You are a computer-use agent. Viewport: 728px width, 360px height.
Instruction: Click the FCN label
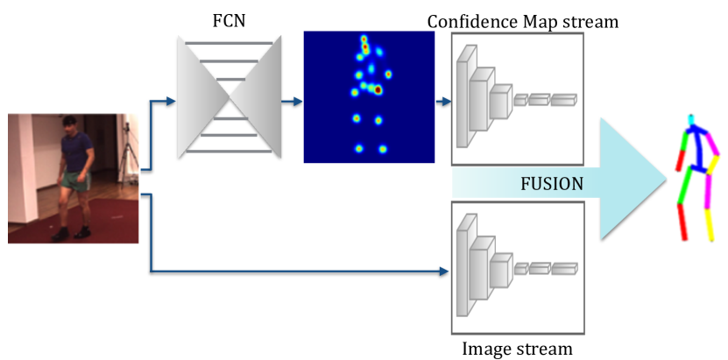click(229, 22)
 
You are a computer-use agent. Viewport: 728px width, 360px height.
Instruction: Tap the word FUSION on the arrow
click(552, 184)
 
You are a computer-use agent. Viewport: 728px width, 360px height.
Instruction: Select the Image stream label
click(517, 349)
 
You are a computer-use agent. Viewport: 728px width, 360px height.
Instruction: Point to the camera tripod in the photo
click(127, 153)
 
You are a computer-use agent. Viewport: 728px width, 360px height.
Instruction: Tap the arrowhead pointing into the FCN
click(171, 101)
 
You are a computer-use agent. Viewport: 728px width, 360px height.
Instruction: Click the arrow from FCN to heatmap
click(292, 101)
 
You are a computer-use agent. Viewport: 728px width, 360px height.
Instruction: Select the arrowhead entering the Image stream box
click(444, 272)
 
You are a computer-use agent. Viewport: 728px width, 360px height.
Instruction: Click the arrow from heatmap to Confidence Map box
click(443, 101)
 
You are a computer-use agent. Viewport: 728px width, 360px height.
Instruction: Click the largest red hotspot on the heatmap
click(378, 89)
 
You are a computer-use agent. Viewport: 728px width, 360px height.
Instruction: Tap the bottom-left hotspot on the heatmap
click(359, 149)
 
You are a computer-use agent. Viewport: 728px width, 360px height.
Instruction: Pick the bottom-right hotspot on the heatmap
click(382, 150)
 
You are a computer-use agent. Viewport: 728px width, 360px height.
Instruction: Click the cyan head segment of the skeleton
click(691, 120)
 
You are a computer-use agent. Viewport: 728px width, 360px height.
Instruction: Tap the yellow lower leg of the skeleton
click(710, 225)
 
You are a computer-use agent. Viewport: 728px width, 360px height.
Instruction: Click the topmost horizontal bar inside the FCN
click(229, 43)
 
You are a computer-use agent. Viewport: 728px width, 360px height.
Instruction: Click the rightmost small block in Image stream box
click(563, 269)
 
